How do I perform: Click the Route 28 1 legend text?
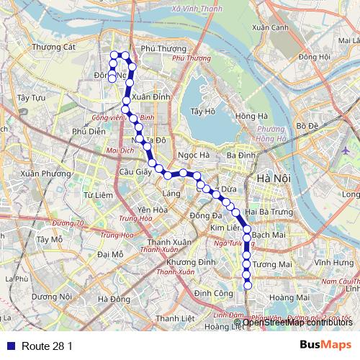47,346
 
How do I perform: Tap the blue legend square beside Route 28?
9,346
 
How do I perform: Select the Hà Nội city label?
273,178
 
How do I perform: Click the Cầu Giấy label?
135,171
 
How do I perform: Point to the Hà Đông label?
114,299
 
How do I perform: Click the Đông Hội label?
315,56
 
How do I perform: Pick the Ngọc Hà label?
194,154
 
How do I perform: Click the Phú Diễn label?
89,131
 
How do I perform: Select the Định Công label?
213,293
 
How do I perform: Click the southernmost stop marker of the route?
248,286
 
